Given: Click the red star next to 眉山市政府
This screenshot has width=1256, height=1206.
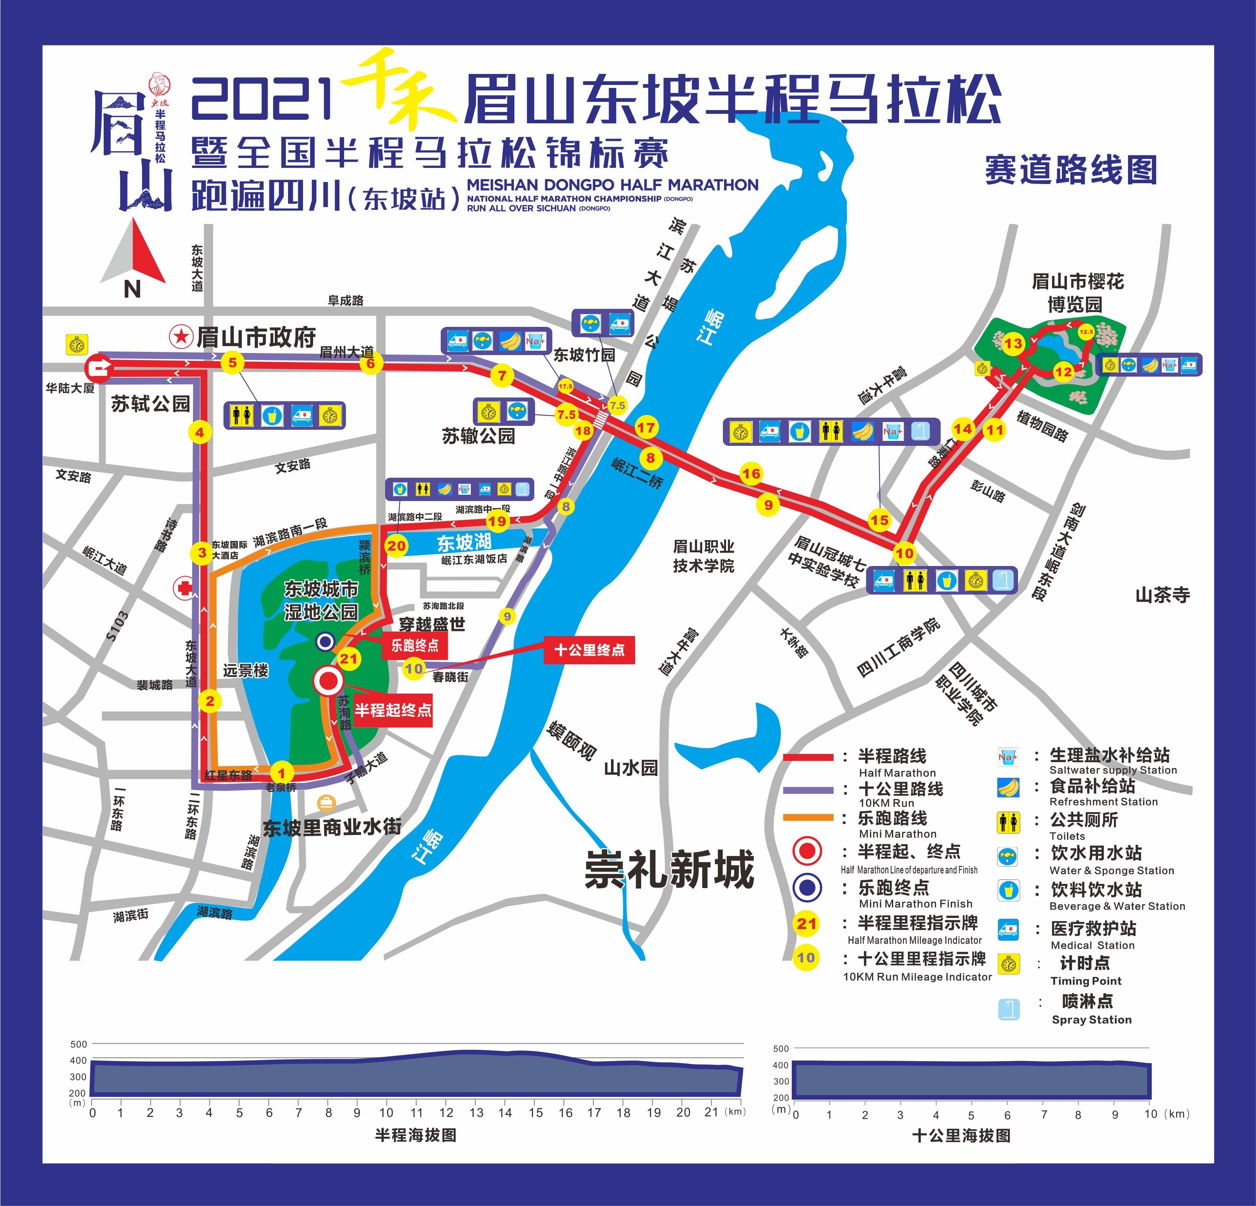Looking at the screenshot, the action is [181, 336].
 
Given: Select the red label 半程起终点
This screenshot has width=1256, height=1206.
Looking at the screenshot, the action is [393, 710].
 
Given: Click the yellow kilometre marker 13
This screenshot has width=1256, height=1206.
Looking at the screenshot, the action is [1013, 343].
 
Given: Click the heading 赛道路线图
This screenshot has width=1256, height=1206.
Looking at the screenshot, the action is [1071, 170].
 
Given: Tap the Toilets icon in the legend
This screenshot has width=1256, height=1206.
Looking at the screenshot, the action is [1009, 822].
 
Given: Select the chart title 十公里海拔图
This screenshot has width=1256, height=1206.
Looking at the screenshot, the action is [961, 1136].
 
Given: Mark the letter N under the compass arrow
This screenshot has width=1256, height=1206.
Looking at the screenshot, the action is [132, 290].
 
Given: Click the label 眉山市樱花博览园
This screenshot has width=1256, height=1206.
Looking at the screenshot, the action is [1077, 292].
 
